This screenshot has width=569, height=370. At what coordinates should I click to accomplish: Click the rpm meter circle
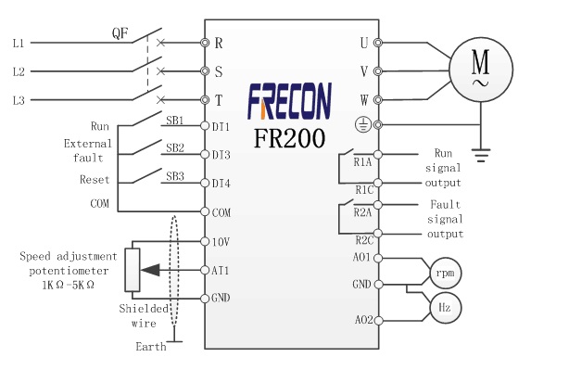pyautogui.click(x=444, y=272)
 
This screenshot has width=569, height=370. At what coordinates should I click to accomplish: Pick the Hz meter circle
pyautogui.click(x=444, y=307)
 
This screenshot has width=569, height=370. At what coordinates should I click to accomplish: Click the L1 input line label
pyautogui.click(x=18, y=43)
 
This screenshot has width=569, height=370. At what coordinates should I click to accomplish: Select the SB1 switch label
pyautogui.click(x=174, y=121)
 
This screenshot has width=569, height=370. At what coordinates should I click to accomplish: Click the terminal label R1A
pyautogui.click(x=362, y=161)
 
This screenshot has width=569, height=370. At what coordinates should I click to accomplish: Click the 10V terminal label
pyautogui.click(x=220, y=241)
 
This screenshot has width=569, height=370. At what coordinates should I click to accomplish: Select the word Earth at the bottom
pyautogui.click(x=150, y=347)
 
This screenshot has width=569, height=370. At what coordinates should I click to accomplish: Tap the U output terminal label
pyautogui.click(x=363, y=43)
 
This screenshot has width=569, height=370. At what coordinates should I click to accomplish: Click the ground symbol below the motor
pyautogui.click(x=481, y=155)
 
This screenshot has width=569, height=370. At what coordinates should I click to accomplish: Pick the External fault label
pyautogui.click(x=88, y=150)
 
